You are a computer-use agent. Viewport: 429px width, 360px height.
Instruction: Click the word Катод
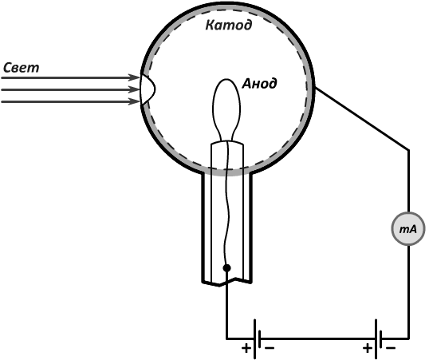228,26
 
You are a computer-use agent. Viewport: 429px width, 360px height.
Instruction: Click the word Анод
259,83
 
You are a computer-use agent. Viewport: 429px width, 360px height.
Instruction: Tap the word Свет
21,67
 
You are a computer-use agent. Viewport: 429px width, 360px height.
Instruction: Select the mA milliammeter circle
408,228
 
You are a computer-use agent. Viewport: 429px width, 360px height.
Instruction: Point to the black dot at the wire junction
226,268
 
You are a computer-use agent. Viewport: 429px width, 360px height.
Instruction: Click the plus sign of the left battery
246,348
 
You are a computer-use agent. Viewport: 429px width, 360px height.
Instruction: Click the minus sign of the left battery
270,348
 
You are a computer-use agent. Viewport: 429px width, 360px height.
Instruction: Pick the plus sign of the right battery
368,348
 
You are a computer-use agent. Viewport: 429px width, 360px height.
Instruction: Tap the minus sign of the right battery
391,348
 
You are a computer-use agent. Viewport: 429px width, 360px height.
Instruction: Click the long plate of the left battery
254,339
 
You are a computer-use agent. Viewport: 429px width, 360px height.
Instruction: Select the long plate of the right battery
376,339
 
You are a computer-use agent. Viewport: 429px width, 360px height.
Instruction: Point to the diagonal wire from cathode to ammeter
362,118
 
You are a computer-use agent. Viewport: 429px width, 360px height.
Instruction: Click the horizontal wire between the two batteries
317,338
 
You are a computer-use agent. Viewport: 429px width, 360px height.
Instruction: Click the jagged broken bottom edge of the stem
226,283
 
